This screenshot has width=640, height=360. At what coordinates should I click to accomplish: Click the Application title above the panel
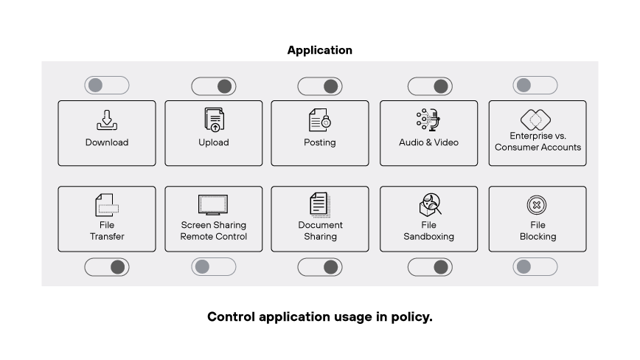(x=319, y=50)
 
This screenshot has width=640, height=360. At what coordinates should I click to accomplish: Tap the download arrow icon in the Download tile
(x=107, y=120)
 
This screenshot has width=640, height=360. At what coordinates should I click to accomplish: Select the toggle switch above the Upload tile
(x=213, y=86)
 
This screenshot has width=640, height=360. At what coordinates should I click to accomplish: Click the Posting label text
(x=319, y=142)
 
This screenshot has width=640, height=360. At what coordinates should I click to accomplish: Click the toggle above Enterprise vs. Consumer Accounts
(x=535, y=86)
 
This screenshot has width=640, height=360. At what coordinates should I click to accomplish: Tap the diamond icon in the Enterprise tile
(x=536, y=119)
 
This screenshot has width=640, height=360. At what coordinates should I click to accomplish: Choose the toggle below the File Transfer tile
(x=107, y=267)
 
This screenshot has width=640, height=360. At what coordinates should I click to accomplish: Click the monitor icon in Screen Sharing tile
(x=213, y=204)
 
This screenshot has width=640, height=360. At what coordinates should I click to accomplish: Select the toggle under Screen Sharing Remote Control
(x=213, y=266)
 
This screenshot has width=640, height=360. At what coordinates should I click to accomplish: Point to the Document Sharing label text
(x=320, y=231)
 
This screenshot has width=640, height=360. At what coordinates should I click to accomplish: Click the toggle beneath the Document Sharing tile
(x=319, y=267)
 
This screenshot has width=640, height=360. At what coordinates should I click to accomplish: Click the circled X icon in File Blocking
(x=536, y=205)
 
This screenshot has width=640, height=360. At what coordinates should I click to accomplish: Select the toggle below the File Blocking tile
(x=535, y=266)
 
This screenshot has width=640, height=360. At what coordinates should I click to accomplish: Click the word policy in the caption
(x=413, y=317)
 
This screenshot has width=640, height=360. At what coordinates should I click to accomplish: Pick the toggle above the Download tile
(x=107, y=86)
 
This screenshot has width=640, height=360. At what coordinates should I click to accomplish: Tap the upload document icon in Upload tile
(x=214, y=120)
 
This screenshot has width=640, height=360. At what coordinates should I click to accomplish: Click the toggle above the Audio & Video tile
(x=430, y=86)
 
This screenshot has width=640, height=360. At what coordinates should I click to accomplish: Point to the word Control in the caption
(x=230, y=317)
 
